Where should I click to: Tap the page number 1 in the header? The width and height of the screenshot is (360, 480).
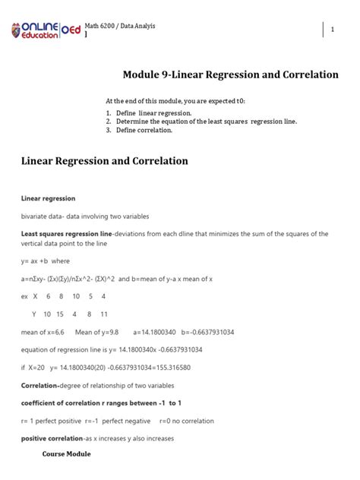(x=333, y=30)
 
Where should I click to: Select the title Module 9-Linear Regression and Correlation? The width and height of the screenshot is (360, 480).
(x=230, y=74)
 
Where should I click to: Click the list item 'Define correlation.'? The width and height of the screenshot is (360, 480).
(x=144, y=130)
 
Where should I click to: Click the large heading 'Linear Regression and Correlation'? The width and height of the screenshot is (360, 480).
(x=105, y=161)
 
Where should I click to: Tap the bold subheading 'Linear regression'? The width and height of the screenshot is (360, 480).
(x=48, y=199)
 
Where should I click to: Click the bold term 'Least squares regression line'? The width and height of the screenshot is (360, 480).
(x=66, y=233)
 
